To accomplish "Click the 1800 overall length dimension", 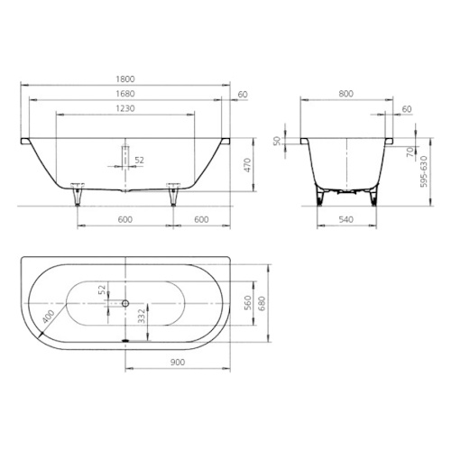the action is pyautogui.click(x=125, y=79).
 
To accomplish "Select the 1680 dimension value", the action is pyautogui.click(x=125, y=94).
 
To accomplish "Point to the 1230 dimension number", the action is pyautogui.click(x=125, y=108).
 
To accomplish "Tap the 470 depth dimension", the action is pyautogui.click(x=247, y=165).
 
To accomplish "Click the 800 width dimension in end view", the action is pyautogui.click(x=346, y=94).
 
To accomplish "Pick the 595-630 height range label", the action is pyautogui.click(x=424, y=171).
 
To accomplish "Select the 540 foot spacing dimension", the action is pyautogui.click(x=346, y=219).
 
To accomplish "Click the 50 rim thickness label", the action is pyautogui.click(x=277, y=141).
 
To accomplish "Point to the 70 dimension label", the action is pyautogui.click(x=410, y=152).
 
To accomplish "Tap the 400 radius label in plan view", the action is pyautogui.click(x=48, y=317).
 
